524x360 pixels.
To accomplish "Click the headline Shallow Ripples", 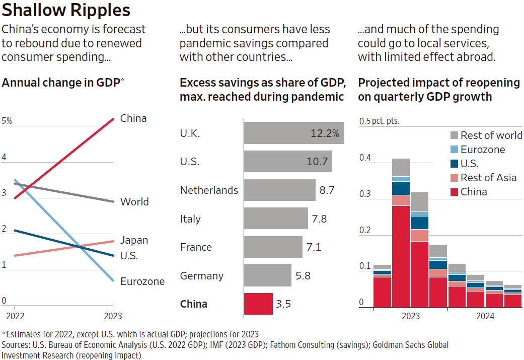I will (x=66, y=10).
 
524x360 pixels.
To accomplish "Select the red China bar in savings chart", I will (x=258, y=304).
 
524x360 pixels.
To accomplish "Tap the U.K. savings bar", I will (x=294, y=133).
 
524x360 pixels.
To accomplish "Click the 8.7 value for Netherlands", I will (x=327, y=190).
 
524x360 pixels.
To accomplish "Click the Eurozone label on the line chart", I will (x=142, y=281).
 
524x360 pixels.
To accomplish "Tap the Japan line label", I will (x=134, y=240).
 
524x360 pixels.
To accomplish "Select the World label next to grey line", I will (x=134, y=202).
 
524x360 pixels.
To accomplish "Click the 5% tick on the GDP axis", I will (x=7, y=121).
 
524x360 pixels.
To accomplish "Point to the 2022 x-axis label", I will (x=14, y=316).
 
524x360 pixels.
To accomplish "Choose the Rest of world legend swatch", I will (x=453, y=135).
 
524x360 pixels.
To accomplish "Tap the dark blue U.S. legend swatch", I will (x=453, y=164).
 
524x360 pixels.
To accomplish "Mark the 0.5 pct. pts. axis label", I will (x=379, y=121).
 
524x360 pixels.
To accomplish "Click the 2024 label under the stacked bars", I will (x=485, y=316).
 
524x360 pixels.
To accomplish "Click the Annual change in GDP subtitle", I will (x=60, y=83).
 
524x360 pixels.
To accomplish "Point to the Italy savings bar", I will (x=276, y=219).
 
